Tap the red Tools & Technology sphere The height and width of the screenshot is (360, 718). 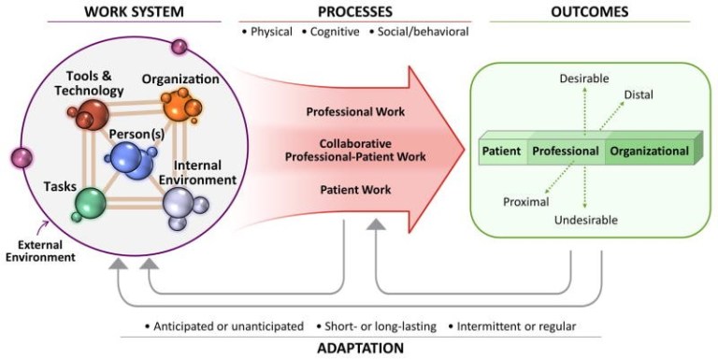click(92, 117)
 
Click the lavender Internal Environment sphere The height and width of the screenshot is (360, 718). click(178, 200)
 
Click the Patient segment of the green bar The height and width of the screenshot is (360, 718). click(502, 151)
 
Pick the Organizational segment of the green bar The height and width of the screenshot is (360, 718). click(650, 151)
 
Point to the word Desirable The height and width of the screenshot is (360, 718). click(586, 79)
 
